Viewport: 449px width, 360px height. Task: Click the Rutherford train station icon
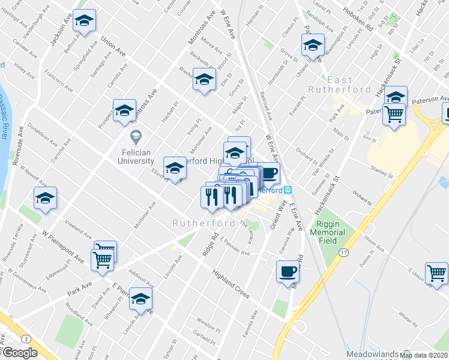coord(288,190)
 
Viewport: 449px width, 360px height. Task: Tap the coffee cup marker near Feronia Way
coord(288,272)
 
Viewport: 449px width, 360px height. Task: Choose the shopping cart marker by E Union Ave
coord(437,273)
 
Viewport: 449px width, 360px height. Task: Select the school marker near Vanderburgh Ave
coord(85,20)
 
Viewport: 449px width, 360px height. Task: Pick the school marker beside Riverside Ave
coord(45,198)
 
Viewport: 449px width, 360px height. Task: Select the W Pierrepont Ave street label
coord(63,247)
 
